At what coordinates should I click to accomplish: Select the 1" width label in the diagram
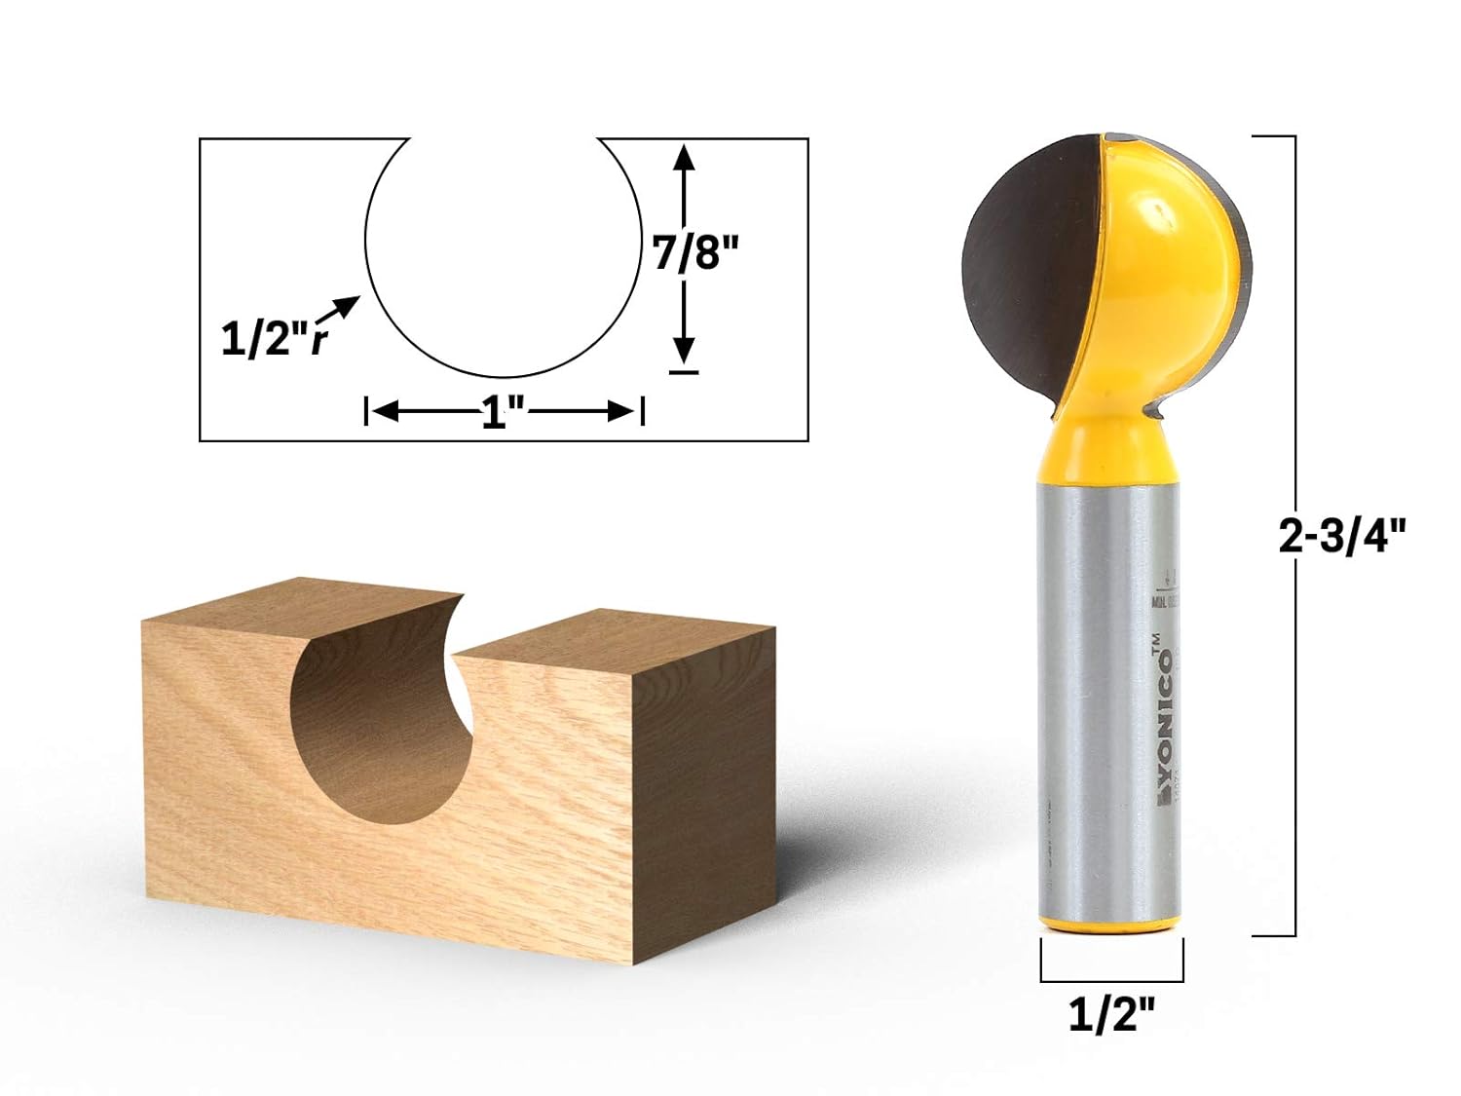point(504,413)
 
